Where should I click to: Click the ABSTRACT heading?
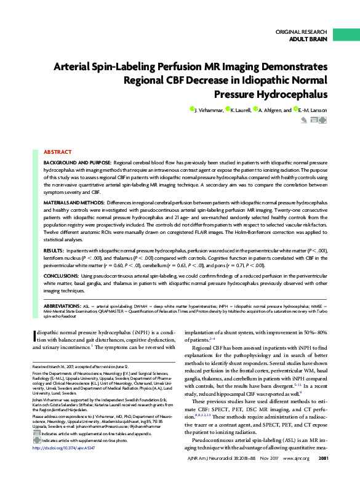57,151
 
